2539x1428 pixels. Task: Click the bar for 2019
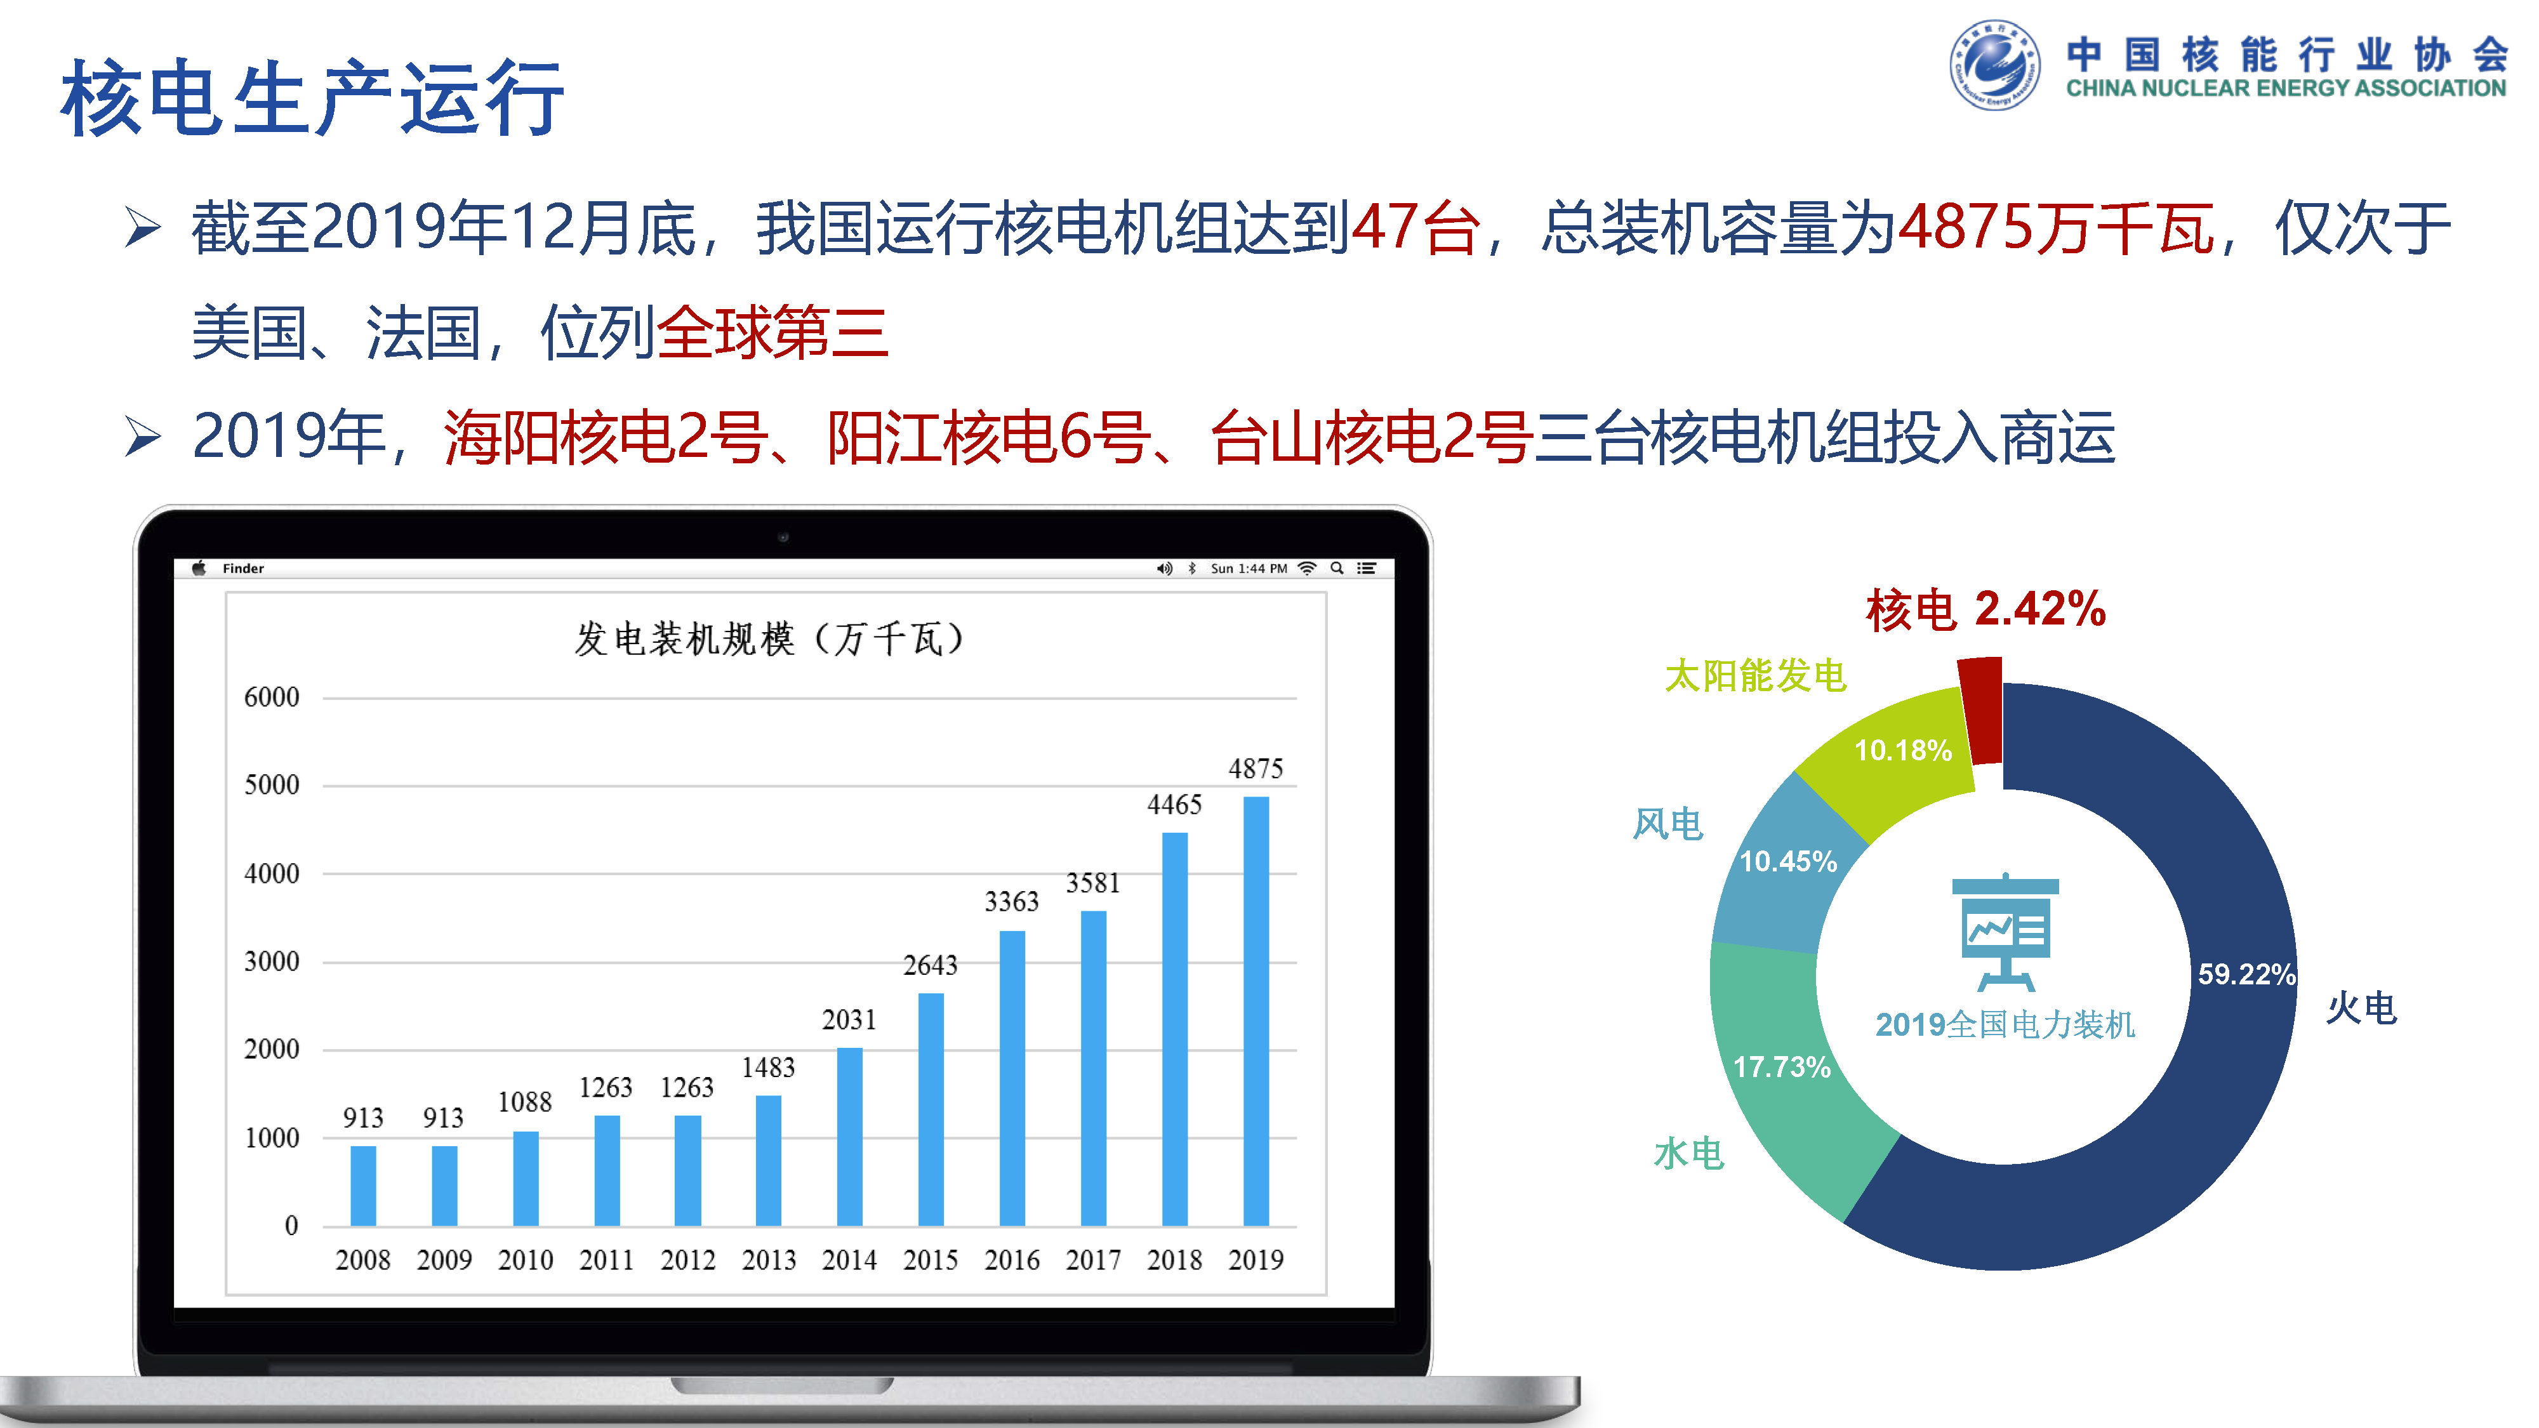(1256, 1011)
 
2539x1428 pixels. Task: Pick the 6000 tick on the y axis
(272, 697)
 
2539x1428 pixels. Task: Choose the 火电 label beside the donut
(2361, 1008)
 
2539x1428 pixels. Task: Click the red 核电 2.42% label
(1985, 609)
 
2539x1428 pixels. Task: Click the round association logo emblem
(1995, 65)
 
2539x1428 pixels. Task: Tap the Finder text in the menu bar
(244, 569)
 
